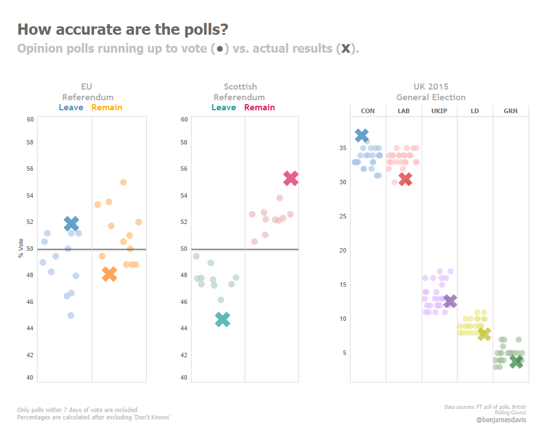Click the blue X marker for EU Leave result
point(71,223)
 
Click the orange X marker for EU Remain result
point(109,274)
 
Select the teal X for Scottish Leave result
point(222,319)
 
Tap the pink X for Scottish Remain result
point(291,178)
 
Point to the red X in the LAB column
point(405,179)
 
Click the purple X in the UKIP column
point(450,301)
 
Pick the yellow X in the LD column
point(484,334)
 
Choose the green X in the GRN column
point(516,361)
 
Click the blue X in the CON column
point(362,135)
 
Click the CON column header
point(368,111)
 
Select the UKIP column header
point(439,111)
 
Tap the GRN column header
point(510,111)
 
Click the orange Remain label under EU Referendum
point(106,108)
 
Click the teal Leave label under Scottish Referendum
point(223,108)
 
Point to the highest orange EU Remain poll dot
point(123,182)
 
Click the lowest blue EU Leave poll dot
point(71,315)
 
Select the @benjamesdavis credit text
point(501,419)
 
